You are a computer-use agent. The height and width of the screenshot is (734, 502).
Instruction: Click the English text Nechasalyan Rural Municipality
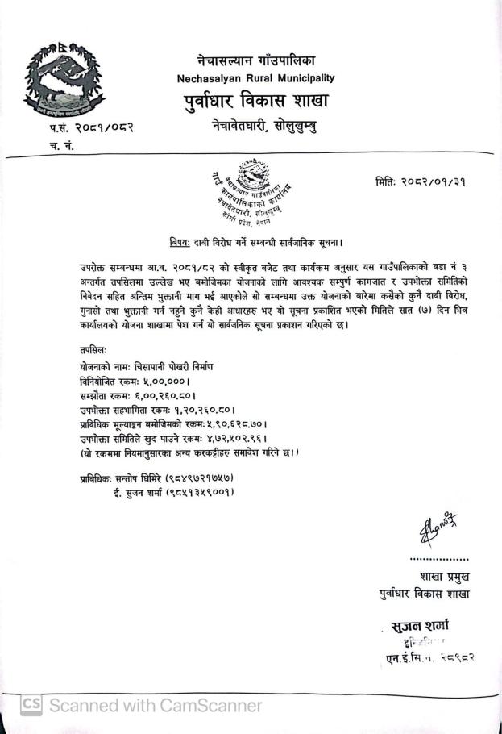coord(255,78)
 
